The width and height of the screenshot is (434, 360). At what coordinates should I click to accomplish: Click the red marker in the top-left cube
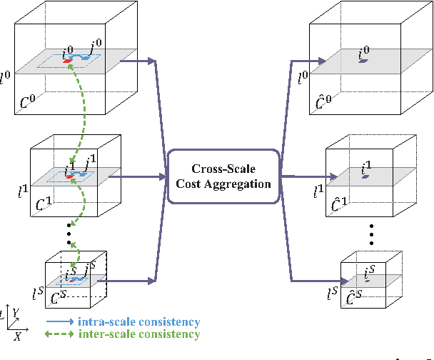[68, 61]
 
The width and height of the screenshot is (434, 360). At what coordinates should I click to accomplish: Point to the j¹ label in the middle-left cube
[89, 166]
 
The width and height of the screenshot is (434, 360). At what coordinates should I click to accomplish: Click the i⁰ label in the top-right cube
[364, 52]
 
